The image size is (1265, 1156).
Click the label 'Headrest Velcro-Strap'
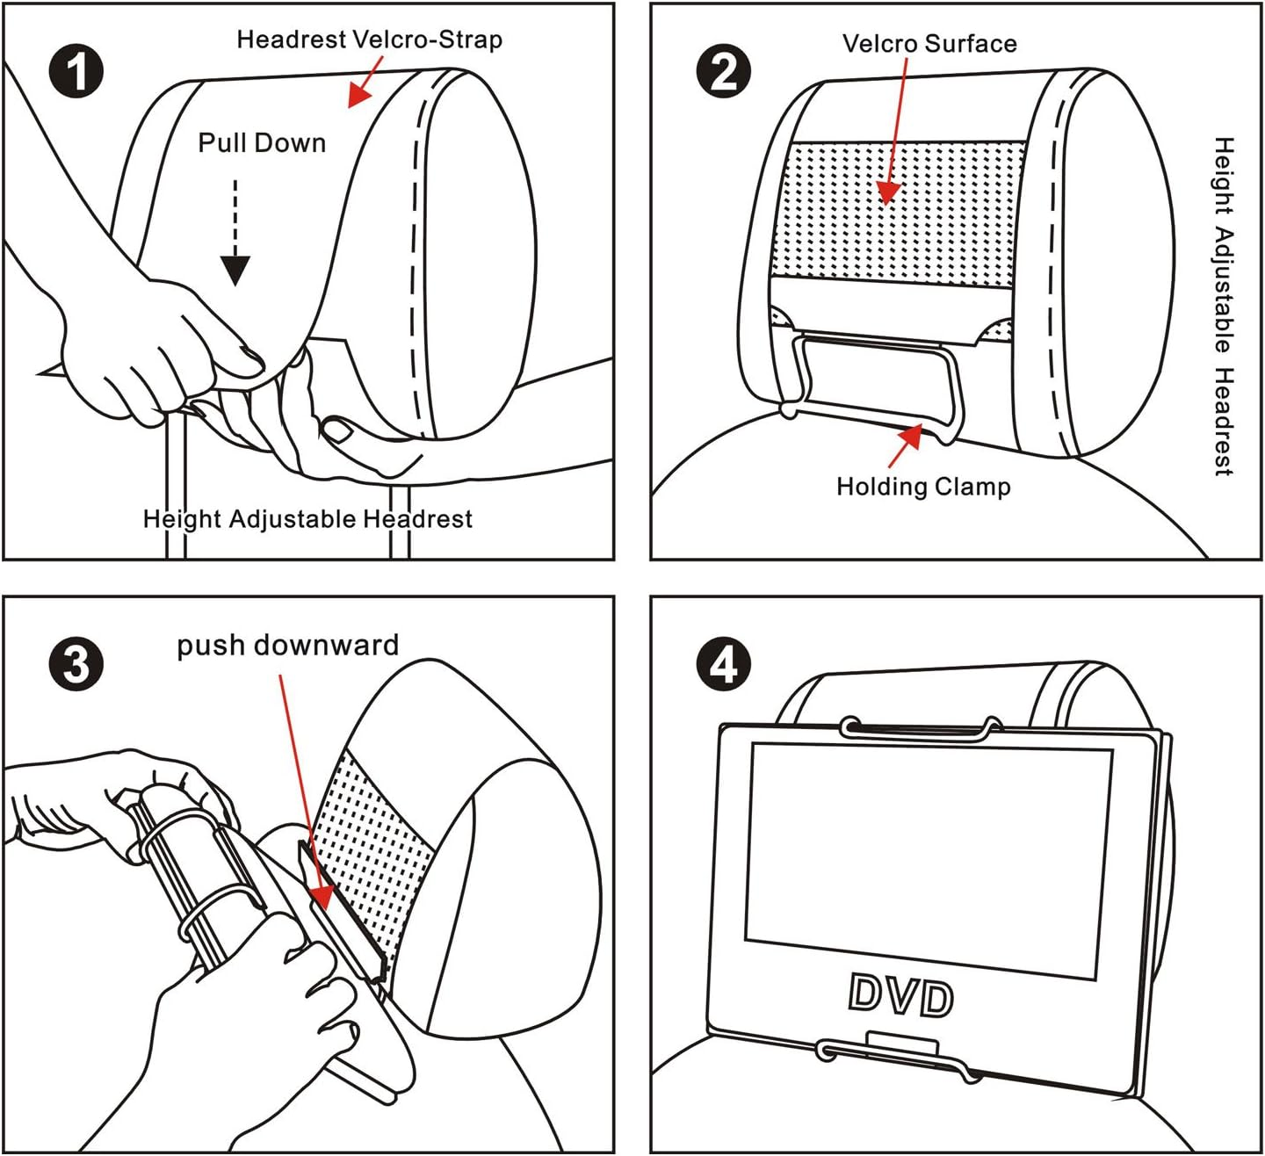coord(370,40)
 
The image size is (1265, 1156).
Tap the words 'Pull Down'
coord(262,143)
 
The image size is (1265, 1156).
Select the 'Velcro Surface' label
coord(929,44)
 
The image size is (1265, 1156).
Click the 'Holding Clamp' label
coord(923,487)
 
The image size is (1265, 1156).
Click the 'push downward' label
coord(288,646)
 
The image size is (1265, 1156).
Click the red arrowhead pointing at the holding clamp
coord(913,435)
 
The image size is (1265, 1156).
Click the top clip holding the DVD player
coord(921,728)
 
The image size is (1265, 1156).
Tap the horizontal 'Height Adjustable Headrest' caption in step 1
coord(307,519)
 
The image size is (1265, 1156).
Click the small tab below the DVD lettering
coord(902,1044)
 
